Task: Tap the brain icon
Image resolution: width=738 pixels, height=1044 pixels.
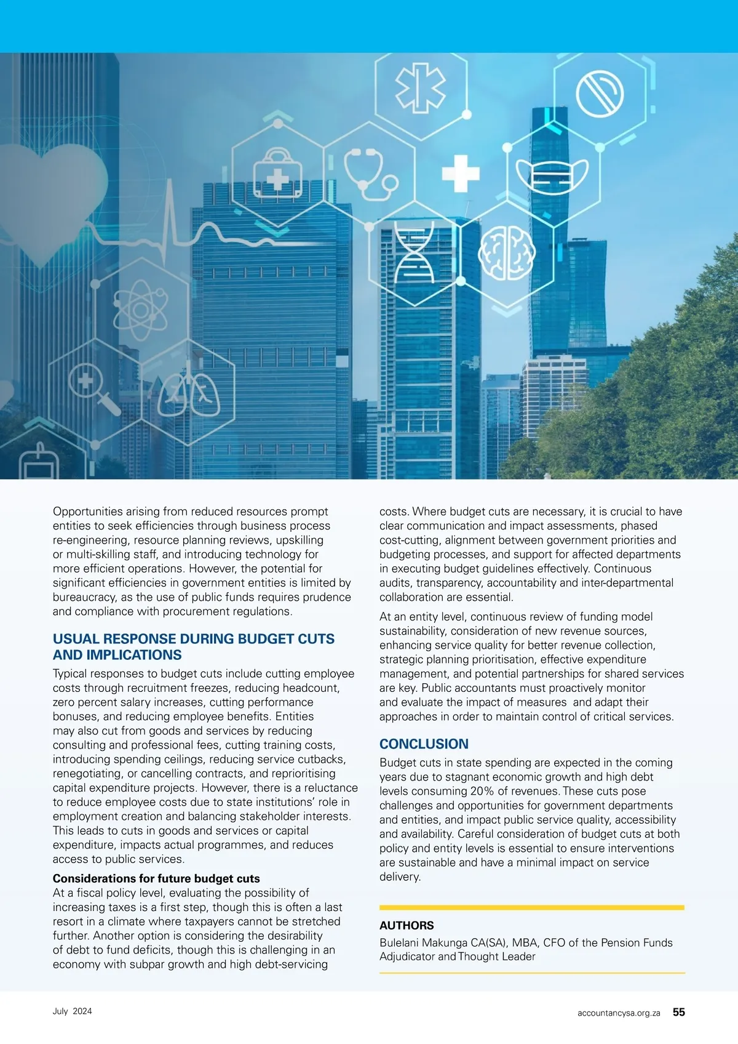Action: (x=506, y=252)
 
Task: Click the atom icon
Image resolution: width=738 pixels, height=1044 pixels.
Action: (x=141, y=310)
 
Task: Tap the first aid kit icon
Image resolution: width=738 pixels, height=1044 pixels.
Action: (x=277, y=174)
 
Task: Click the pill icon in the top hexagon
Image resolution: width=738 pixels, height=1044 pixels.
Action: (x=600, y=94)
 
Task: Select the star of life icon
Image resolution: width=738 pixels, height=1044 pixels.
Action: (x=420, y=87)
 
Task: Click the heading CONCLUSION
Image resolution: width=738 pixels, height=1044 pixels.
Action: (x=424, y=744)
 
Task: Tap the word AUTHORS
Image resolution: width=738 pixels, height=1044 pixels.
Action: (x=407, y=925)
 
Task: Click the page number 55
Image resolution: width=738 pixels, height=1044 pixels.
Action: (x=678, y=1012)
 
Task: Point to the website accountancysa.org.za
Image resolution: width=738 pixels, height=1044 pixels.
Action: (x=619, y=1013)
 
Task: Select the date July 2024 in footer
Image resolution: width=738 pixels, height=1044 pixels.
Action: (x=72, y=1011)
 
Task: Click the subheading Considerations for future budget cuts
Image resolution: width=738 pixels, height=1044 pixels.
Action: (x=156, y=878)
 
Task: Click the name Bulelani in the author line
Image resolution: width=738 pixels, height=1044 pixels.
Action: (x=401, y=942)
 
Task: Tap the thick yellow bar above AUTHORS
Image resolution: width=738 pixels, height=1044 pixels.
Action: (x=531, y=907)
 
